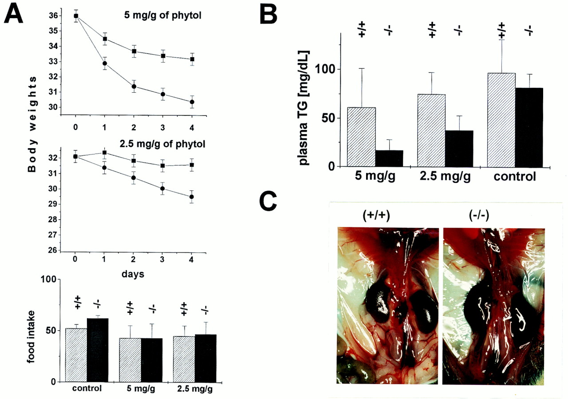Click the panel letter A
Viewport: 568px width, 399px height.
(15, 16)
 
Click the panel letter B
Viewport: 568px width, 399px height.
(268, 14)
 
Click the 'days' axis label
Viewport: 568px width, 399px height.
(132, 274)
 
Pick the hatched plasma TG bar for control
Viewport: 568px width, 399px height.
(501, 120)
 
